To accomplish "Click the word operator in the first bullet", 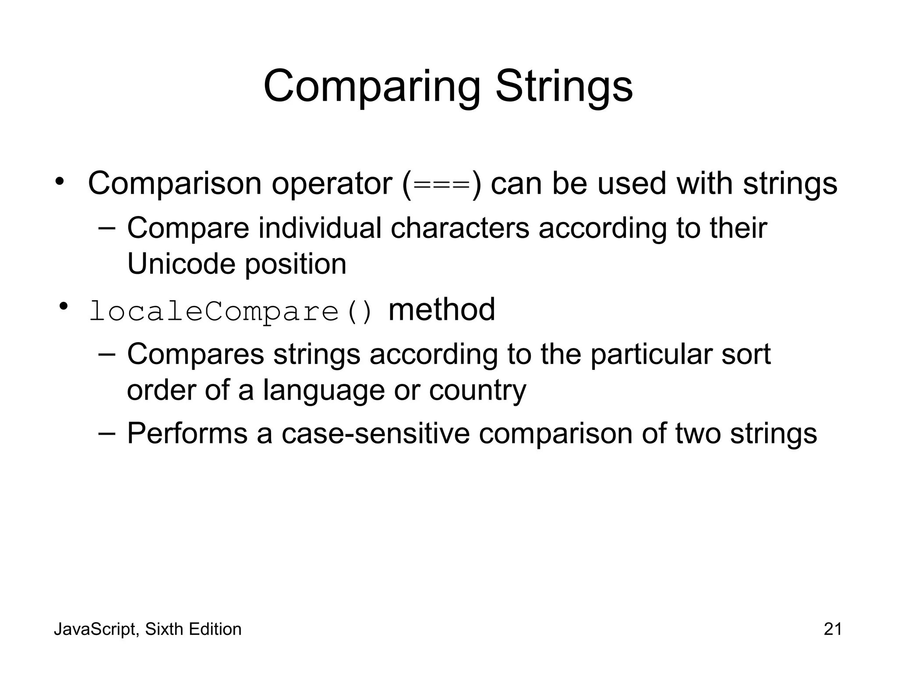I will click(332, 184).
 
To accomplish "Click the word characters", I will click(460, 228).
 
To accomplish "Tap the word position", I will click(296, 265).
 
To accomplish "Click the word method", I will click(441, 309).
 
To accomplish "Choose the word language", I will click(324, 391).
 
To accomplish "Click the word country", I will click(477, 390).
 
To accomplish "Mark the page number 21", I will click(833, 629).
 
